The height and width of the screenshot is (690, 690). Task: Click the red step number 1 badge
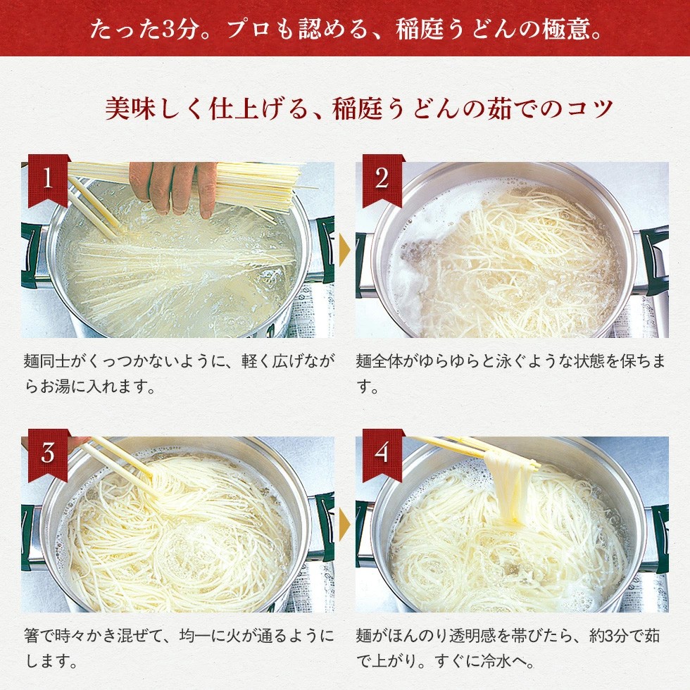point(48,179)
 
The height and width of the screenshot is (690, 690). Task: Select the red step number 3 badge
point(48,453)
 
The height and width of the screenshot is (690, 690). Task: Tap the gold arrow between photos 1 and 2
point(344,250)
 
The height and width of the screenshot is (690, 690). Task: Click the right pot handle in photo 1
point(324,250)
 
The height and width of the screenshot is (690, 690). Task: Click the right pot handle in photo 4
point(658,535)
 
